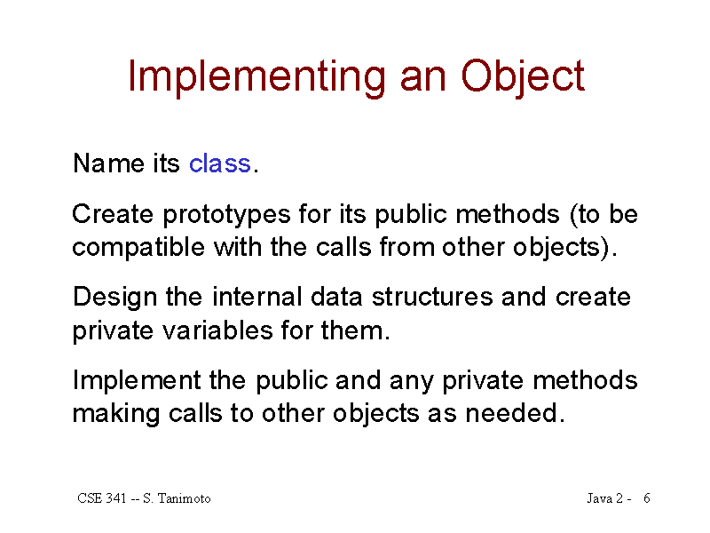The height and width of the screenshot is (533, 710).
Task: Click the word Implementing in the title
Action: pos(256,77)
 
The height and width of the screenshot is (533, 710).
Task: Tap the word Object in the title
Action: pos(523,77)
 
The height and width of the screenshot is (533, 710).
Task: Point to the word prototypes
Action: pos(226,215)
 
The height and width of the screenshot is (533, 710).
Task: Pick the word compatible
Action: pos(138,248)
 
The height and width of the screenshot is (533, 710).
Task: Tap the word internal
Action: pos(256,298)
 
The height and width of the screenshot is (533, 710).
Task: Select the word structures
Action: pos(432,298)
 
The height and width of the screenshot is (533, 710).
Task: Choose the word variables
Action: pos(217,330)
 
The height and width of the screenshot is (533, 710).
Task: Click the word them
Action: pos(355,330)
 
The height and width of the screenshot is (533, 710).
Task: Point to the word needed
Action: pos(516,413)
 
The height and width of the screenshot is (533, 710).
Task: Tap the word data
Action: pos(336,298)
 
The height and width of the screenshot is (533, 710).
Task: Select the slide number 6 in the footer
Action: pos(647,498)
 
